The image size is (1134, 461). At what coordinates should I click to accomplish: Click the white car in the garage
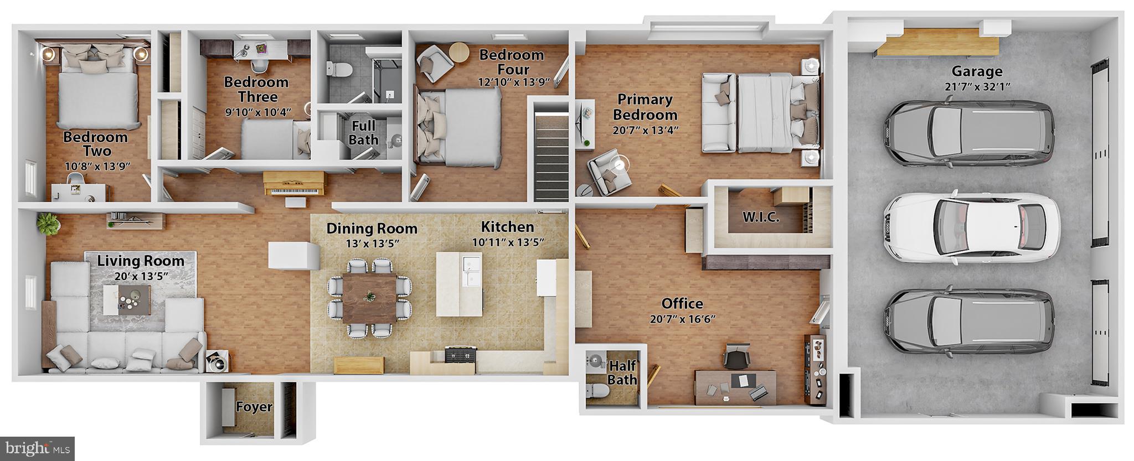point(971,227)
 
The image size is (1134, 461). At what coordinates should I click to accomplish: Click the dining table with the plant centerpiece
point(369,298)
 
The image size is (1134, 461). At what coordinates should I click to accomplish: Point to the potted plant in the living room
point(48,223)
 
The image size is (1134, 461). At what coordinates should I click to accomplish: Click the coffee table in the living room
point(126,299)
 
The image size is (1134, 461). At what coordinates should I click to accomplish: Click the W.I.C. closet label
point(761,217)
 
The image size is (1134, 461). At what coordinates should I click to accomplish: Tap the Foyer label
point(254,407)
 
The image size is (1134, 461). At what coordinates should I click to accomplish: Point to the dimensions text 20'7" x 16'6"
point(682,319)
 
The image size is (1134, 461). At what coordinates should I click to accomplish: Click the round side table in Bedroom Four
point(458,53)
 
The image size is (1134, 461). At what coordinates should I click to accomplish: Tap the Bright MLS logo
point(38,447)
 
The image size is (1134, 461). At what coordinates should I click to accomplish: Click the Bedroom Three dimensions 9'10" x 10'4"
point(257,112)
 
